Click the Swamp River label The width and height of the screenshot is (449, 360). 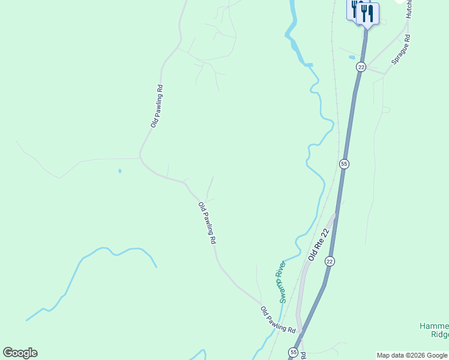(x=280, y=281)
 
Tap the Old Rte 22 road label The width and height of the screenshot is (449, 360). (x=319, y=244)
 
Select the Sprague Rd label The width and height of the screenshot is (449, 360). (x=400, y=50)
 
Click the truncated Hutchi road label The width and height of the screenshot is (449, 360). (x=408, y=9)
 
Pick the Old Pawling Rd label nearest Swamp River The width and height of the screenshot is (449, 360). (x=279, y=320)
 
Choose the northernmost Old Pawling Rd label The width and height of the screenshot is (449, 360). (x=157, y=106)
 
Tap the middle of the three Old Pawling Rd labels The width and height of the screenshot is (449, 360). (x=207, y=223)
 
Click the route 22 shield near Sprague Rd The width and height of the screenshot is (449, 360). (x=361, y=67)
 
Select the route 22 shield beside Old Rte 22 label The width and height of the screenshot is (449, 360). (x=330, y=261)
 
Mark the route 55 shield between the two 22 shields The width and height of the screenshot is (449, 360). (x=344, y=164)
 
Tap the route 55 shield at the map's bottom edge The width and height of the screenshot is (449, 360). (x=293, y=352)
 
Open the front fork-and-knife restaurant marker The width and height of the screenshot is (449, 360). (x=367, y=14)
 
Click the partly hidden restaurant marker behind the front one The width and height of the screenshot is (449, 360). (x=354, y=8)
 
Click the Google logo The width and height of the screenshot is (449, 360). (x=20, y=353)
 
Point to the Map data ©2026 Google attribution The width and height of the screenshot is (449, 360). (x=412, y=355)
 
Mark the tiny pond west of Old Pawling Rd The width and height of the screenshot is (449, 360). (x=119, y=171)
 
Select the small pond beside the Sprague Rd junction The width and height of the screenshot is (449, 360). (x=352, y=58)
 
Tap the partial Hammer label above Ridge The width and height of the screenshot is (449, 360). (x=433, y=326)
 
